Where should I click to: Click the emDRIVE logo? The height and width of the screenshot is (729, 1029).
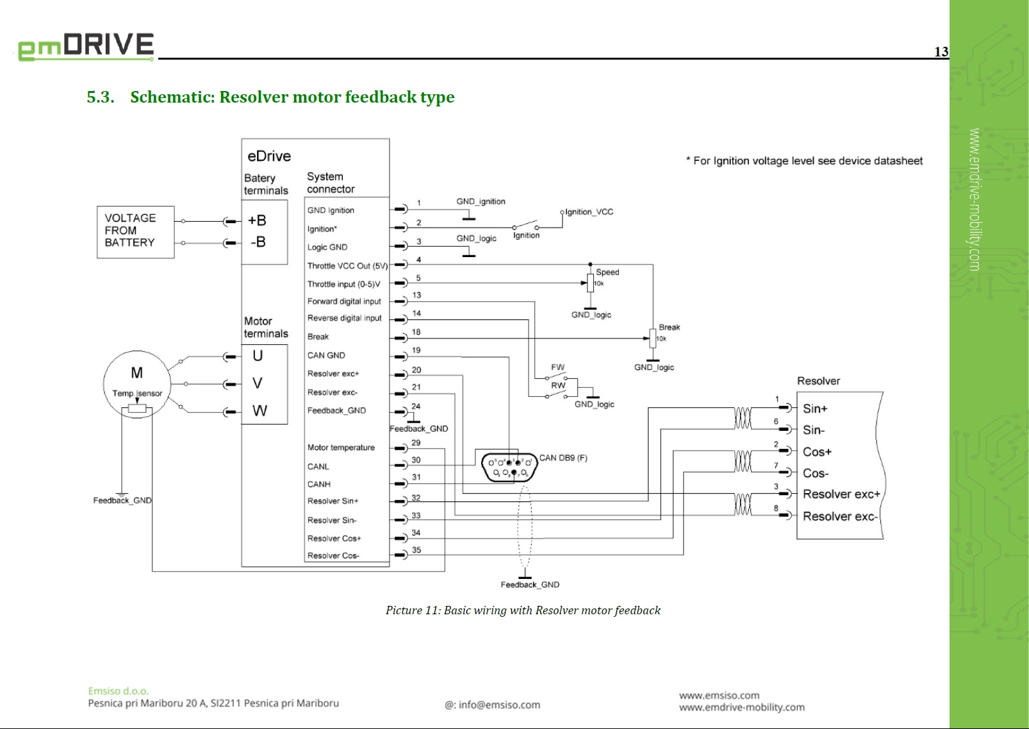[x=86, y=46]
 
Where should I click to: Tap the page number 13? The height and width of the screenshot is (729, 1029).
[x=941, y=52]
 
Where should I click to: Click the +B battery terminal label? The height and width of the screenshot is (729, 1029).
[x=257, y=221]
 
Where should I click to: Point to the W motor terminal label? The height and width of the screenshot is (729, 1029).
[x=259, y=411]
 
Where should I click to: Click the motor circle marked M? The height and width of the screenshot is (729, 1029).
[x=136, y=374]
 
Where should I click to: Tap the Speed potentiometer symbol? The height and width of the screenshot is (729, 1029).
[x=590, y=283]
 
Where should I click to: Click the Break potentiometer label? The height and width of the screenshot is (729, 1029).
[x=670, y=327]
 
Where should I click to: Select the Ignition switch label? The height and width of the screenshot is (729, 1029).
[x=526, y=235]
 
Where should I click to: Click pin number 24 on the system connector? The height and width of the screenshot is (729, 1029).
[x=416, y=406]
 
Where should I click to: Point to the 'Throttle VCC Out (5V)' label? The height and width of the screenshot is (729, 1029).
[x=347, y=265]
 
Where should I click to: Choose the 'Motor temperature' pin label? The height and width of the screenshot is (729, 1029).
[x=341, y=448]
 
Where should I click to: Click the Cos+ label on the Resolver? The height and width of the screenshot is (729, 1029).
[x=817, y=452]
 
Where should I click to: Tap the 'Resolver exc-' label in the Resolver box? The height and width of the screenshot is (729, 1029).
[x=839, y=516]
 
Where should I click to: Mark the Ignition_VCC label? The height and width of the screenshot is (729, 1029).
[x=589, y=212]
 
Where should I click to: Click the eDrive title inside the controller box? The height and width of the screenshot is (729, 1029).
[x=269, y=156]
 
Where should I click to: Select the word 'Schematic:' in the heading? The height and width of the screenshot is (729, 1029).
[x=172, y=97]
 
